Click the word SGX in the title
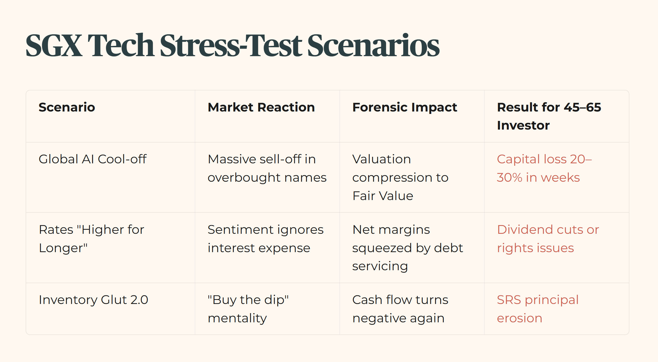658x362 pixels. [54, 45]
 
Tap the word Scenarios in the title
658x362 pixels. [373, 45]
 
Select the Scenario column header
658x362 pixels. [67, 107]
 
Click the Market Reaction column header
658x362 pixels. [261, 107]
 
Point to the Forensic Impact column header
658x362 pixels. [405, 107]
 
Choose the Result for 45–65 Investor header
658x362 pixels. [549, 116]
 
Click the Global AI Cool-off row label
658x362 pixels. [93, 159]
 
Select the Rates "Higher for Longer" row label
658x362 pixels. [91, 239]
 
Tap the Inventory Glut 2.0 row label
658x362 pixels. [93, 300]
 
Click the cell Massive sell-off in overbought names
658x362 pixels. [267, 168]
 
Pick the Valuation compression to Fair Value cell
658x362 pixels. [400, 177]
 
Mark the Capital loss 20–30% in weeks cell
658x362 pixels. [544, 168]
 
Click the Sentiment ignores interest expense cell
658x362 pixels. [266, 239]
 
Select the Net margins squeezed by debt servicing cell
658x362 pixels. [408, 248]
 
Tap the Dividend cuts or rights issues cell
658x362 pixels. [548, 239]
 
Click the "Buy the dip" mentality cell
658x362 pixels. [248, 309]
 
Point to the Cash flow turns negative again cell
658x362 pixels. [400, 309]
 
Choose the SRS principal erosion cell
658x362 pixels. [538, 309]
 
